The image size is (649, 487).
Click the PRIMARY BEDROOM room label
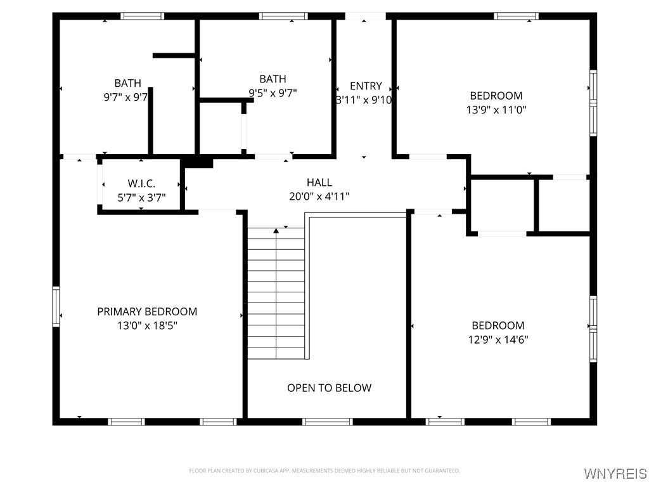[x=147, y=311]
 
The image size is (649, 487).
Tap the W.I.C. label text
[x=141, y=184]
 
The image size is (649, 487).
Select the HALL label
[x=319, y=183]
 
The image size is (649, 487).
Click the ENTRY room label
[x=366, y=86]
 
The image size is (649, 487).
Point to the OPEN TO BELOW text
[x=329, y=387]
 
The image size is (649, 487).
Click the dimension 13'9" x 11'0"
[x=496, y=109]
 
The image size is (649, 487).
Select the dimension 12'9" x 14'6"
[x=498, y=339]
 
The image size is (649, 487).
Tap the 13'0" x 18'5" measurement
[x=147, y=325]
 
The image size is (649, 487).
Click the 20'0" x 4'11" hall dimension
[x=319, y=197]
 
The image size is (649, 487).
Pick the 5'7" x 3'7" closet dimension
[x=141, y=198]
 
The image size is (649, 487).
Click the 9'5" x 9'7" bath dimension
[x=273, y=93]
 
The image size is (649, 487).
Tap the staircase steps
[x=276, y=293]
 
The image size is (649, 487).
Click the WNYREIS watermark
[x=615, y=474]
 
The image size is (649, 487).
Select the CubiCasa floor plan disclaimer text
[x=324, y=471]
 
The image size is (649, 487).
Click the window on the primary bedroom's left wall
[x=56, y=306]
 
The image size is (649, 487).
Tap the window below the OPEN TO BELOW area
[x=328, y=421]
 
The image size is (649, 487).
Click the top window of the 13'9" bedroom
[x=516, y=16]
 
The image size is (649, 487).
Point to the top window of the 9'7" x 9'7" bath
[x=143, y=16]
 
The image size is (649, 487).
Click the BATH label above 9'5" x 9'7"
[x=273, y=79]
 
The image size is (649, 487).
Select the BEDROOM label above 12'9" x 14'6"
[x=498, y=325]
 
